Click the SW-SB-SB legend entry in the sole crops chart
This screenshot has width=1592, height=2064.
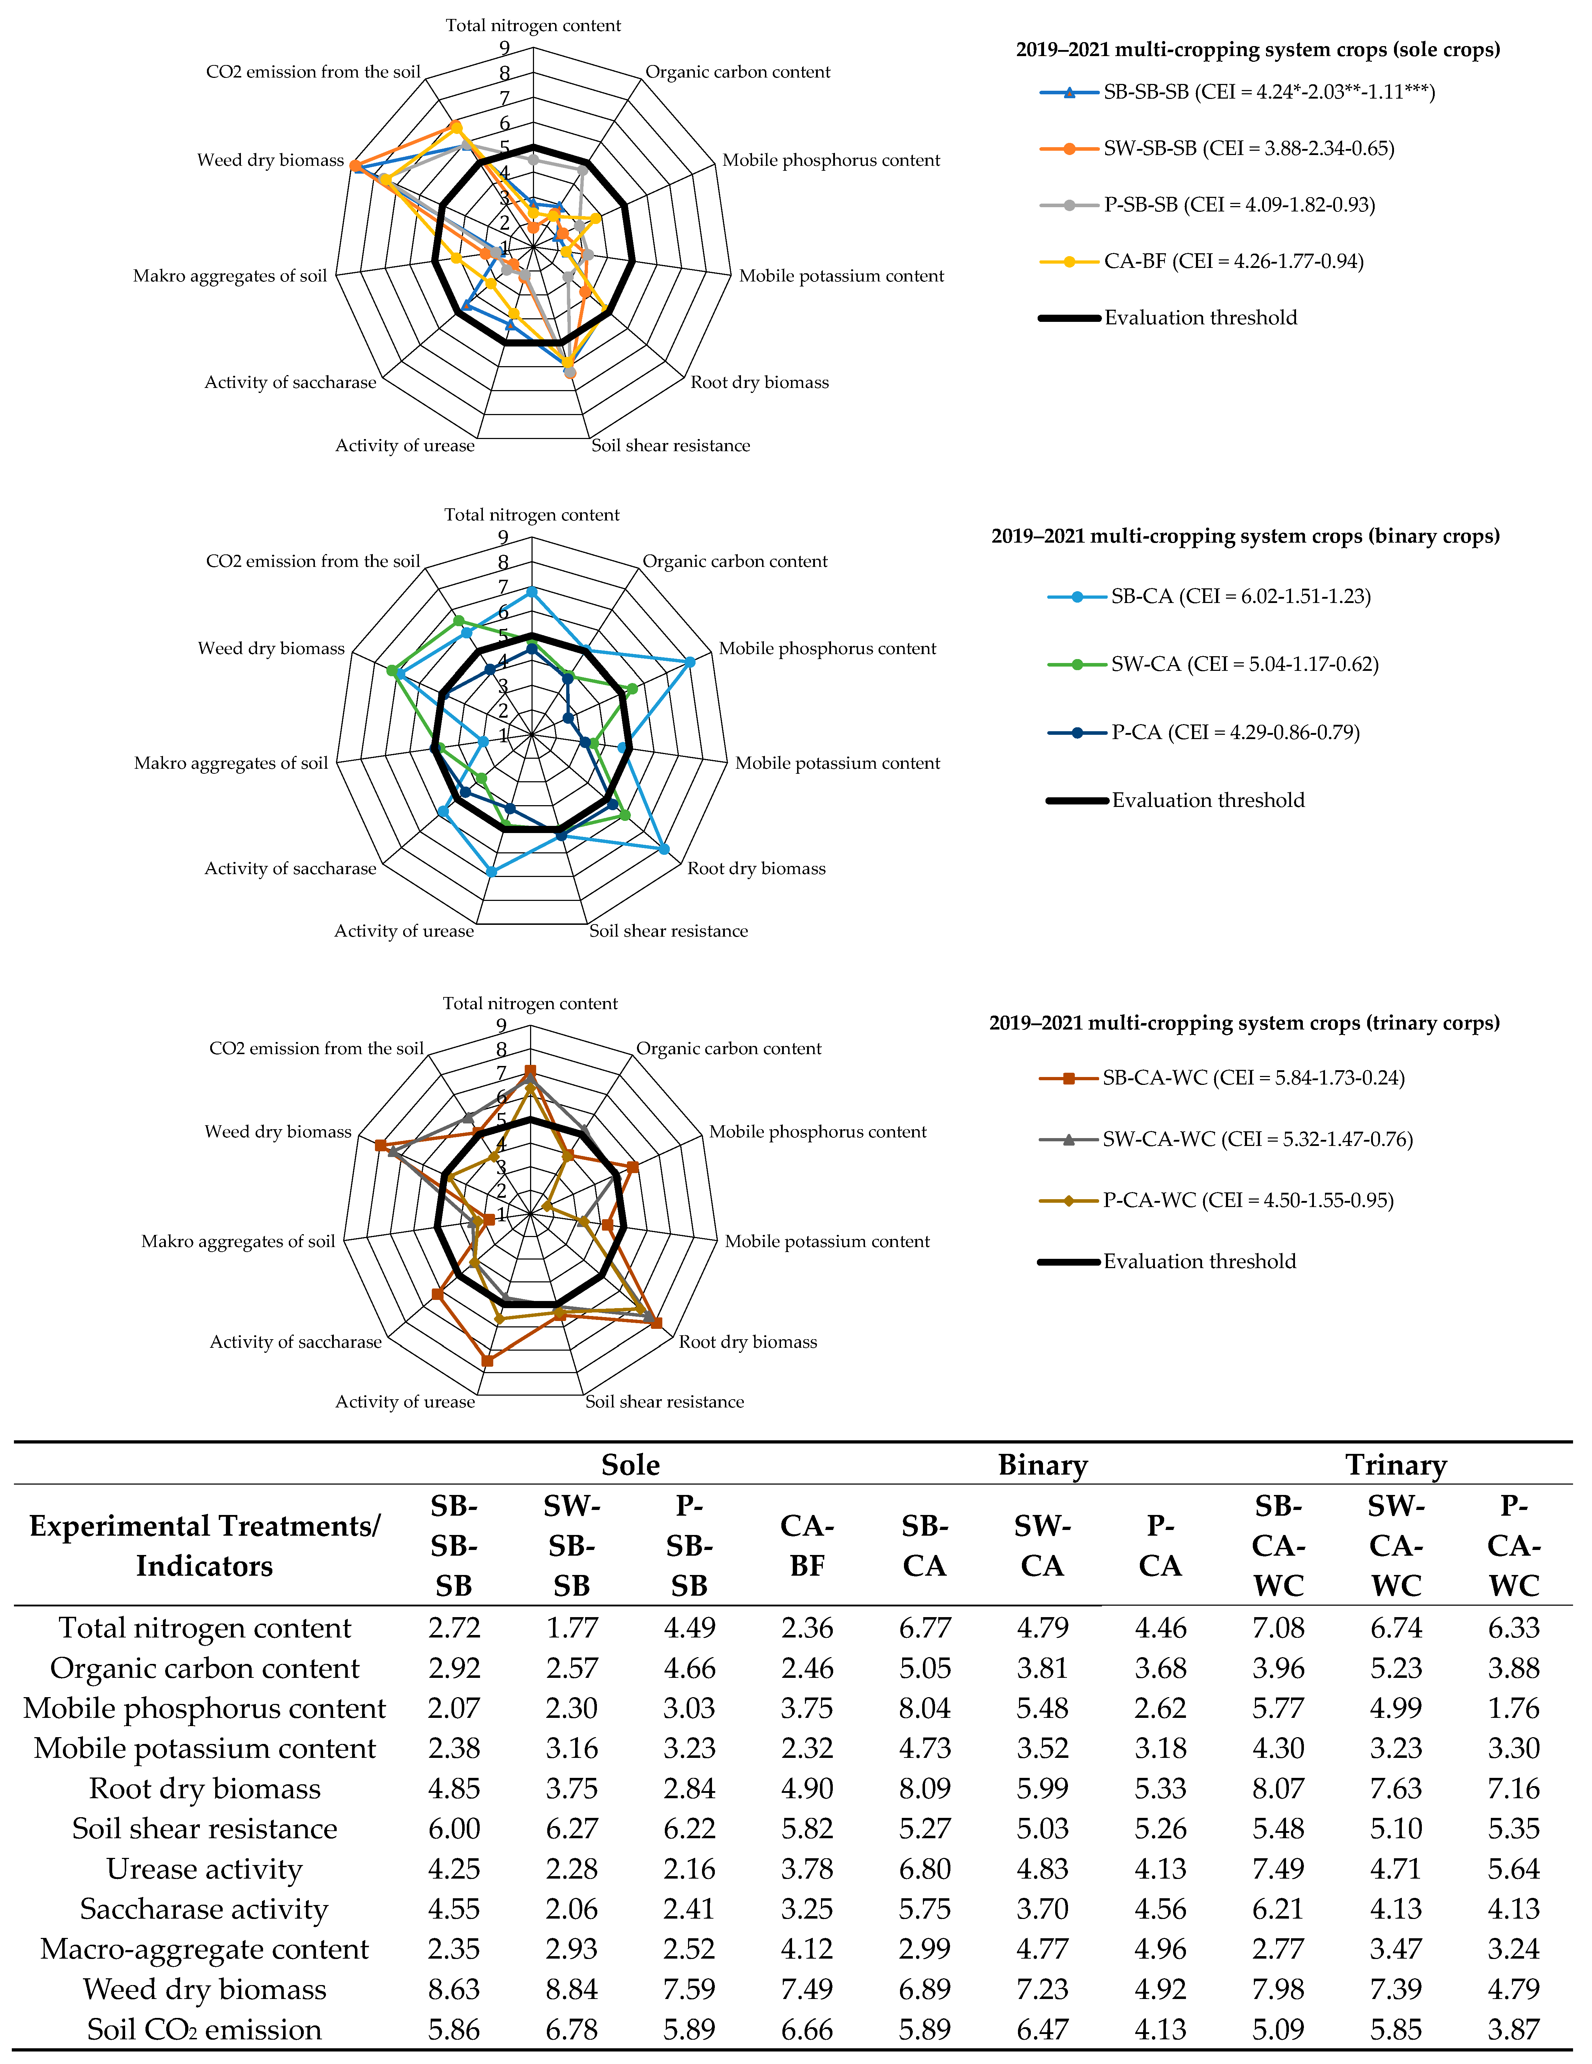pos(1248,148)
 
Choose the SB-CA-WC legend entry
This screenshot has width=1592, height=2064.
pos(1252,1078)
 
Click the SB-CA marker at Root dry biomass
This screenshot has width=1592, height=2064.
pos(664,849)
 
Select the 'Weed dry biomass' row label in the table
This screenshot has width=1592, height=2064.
pos(204,1989)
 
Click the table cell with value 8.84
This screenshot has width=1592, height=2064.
pos(571,1989)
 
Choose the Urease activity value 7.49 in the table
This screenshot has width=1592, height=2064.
pos(1278,1869)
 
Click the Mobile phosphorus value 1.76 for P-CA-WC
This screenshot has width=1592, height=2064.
pos(1513,1709)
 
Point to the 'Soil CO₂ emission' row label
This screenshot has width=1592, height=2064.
pos(204,2030)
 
